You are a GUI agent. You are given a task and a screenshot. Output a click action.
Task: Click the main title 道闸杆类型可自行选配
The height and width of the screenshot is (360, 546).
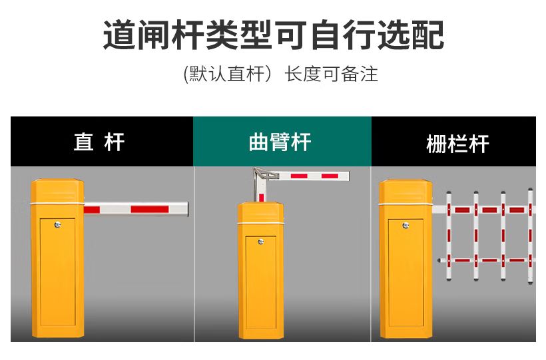(x=274, y=35)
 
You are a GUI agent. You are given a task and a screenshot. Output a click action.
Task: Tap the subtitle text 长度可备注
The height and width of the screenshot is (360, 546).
(x=331, y=74)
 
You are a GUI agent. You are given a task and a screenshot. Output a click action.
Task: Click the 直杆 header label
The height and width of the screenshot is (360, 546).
(x=99, y=142)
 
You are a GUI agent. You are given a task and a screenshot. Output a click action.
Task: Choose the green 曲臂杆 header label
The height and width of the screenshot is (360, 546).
(x=280, y=142)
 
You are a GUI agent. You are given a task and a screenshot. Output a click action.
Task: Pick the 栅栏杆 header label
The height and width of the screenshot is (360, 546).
(x=457, y=144)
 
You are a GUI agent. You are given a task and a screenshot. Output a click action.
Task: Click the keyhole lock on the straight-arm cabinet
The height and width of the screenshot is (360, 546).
(x=57, y=225)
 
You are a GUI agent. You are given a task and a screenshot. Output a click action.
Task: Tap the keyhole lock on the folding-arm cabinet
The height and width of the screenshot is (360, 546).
(x=260, y=242)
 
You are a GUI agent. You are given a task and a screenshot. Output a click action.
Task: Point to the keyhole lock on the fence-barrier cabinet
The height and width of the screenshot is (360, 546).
(x=406, y=226)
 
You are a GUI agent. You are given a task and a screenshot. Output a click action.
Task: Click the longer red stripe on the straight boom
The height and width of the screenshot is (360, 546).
(x=150, y=209)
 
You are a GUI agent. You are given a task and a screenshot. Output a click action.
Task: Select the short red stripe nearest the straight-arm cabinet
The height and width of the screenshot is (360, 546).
(x=92, y=210)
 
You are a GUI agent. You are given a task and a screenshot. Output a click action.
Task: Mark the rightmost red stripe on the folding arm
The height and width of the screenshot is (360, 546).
(x=330, y=176)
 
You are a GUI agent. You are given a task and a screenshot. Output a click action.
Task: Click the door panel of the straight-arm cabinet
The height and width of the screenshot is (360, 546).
(x=57, y=272)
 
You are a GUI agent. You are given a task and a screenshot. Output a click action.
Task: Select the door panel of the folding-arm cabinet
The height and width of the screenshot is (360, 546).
(x=261, y=282)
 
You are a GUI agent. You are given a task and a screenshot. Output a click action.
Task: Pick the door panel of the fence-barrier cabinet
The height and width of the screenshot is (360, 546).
(x=406, y=273)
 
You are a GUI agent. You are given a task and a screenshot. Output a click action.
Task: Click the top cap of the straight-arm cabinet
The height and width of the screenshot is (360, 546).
(x=57, y=191)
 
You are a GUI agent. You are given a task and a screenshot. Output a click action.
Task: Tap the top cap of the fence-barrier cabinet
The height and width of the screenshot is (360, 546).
(x=406, y=192)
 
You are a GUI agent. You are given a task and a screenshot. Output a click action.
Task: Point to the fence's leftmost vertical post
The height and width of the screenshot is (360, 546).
(x=449, y=236)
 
